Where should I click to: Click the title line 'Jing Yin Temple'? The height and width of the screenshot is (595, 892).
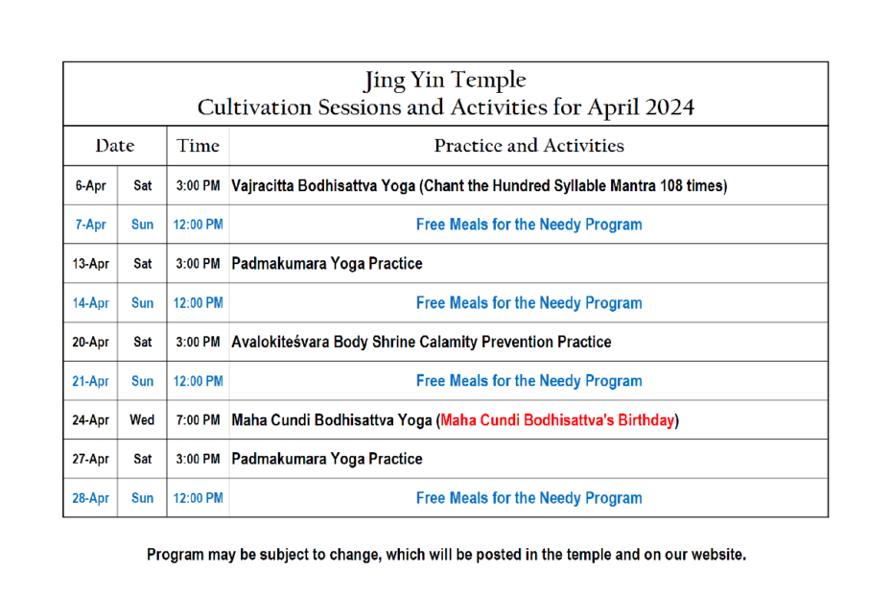click(445, 81)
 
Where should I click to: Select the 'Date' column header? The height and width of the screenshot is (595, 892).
click(115, 146)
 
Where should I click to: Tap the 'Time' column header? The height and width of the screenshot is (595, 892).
click(198, 146)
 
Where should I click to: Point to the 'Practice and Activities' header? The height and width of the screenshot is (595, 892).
click(529, 146)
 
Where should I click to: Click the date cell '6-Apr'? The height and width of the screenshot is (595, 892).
click(90, 185)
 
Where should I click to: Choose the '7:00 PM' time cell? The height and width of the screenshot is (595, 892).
click(198, 420)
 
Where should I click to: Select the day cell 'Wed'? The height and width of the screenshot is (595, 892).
click(142, 420)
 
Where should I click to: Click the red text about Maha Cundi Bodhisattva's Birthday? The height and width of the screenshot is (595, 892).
click(557, 420)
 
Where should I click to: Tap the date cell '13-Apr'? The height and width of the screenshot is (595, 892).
click(90, 264)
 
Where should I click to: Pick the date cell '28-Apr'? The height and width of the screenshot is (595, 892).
click(90, 498)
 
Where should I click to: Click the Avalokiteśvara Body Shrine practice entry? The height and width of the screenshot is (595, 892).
click(421, 343)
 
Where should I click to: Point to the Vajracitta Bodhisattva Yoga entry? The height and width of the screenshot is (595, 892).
click(479, 186)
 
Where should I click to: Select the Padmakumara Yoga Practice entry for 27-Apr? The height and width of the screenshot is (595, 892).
click(326, 460)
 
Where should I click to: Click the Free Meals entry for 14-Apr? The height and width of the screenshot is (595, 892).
click(529, 303)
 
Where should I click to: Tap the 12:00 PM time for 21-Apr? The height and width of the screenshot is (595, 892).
click(198, 382)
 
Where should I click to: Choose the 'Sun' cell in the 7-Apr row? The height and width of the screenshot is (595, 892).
click(142, 225)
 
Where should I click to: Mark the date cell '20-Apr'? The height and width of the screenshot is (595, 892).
click(90, 343)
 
